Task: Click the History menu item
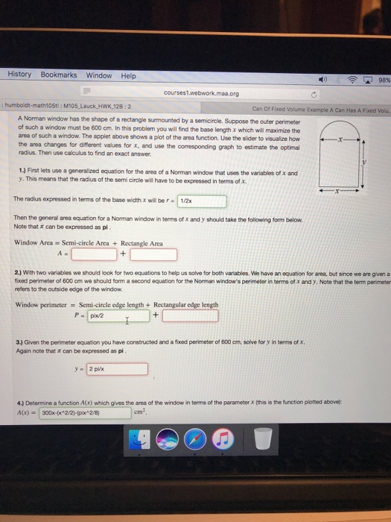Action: tap(19, 75)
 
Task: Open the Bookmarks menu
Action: tap(58, 75)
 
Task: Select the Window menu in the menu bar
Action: tap(98, 75)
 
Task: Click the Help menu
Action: tap(128, 75)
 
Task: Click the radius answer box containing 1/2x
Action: tap(201, 201)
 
